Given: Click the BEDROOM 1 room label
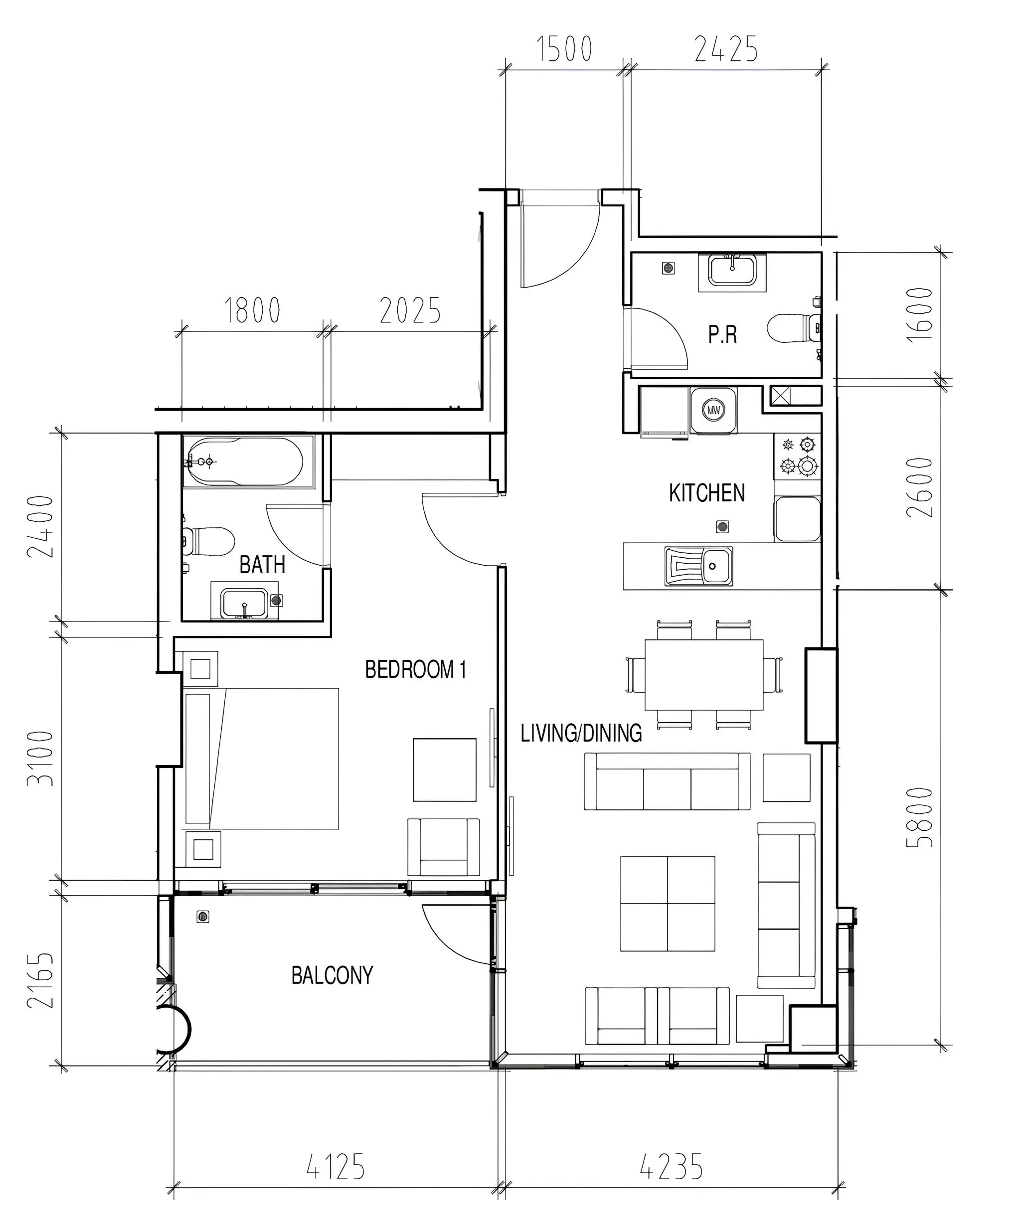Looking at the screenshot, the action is click(415, 670).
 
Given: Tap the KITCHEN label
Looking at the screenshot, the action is click(706, 493).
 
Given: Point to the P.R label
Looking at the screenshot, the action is click(722, 334).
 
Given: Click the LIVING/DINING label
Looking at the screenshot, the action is click(581, 733).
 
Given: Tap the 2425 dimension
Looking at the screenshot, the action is click(726, 49).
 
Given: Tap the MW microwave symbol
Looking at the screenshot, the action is click(713, 410).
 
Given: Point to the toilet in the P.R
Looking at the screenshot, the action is click(793, 328).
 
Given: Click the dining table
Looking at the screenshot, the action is click(704, 675).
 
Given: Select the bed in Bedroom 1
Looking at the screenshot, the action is click(261, 759).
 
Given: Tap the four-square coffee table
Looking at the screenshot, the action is click(668, 904).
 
